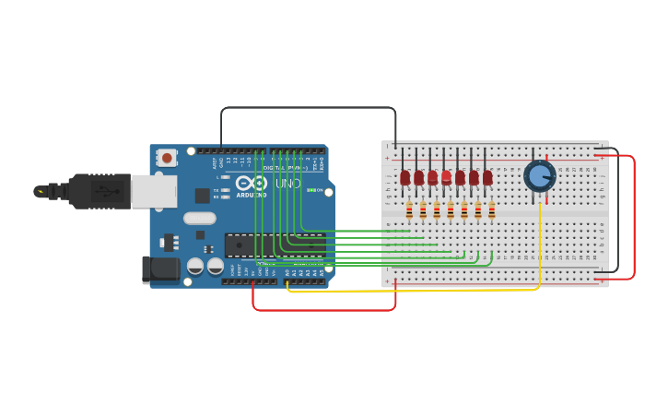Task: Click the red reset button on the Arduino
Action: coord(167,158)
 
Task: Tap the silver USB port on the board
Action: coord(153,191)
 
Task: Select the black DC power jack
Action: coord(159,269)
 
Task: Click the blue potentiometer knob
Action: coord(539,175)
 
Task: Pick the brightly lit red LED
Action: coord(446,176)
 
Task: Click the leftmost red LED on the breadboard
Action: coord(404,177)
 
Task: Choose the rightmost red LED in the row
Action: coord(487,177)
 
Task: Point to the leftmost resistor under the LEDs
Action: coord(409,210)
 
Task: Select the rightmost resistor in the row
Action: coord(492,210)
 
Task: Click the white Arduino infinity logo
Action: coord(251,183)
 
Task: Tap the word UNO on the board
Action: coord(287,184)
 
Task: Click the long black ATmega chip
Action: coord(275,245)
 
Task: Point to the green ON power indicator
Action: coord(311,190)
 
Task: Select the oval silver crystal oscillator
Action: coord(199,219)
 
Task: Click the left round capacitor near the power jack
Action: coord(195,266)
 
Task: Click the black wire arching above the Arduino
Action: coord(309,107)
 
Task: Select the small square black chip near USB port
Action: coord(202,196)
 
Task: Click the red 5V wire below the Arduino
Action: coord(322,310)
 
